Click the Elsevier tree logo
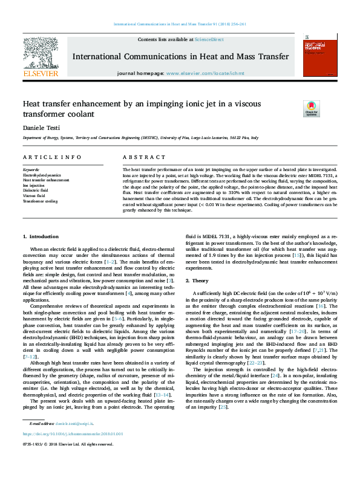(41, 53)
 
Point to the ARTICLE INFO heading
(52, 157)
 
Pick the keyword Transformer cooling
(40, 201)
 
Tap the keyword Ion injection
(34, 185)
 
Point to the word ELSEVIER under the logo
(40, 74)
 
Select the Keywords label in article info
(31, 170)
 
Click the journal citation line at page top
(179, 24)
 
